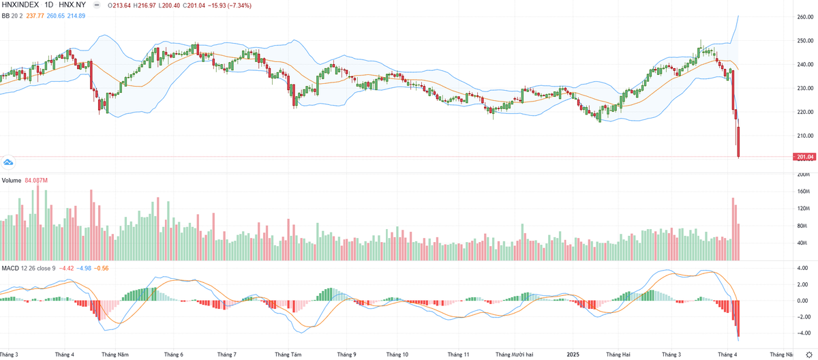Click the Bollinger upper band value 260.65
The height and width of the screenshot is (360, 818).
(54, 16)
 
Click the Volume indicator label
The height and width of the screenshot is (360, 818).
(11, 181)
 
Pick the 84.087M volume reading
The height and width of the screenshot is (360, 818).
(37, 181)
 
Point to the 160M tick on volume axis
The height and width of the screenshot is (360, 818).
(804, 192)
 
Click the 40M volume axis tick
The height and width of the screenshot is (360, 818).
(802, 243)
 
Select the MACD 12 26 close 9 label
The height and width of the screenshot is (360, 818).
(29, 268)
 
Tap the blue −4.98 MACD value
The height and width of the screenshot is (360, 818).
(85, 268)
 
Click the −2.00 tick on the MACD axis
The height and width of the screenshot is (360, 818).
(803, 317)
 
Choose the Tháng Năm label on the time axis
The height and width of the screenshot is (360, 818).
(115, 355)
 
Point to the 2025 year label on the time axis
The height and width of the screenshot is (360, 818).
(573, 355)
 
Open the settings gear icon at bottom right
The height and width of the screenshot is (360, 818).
(808, 355)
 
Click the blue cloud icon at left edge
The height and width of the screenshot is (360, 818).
(8, 162)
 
